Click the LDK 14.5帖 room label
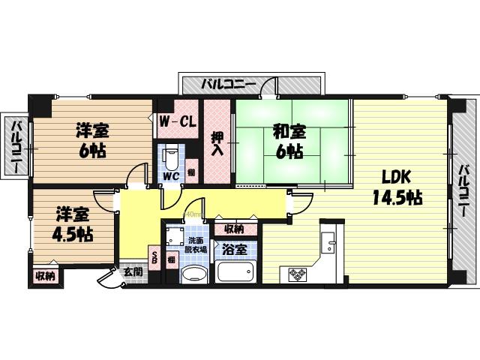(396, 187)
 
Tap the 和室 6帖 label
(289, 141)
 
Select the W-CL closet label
(178, 120)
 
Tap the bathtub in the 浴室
(236, 271)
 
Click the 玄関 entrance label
(133, 271)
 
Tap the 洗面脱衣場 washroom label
(197, 245)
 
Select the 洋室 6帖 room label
(91, 140)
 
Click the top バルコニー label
(228, 85)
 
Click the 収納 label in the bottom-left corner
(45, 276)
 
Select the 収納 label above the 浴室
(233, 229)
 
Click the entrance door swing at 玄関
(109, 278)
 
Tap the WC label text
(171, 177)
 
